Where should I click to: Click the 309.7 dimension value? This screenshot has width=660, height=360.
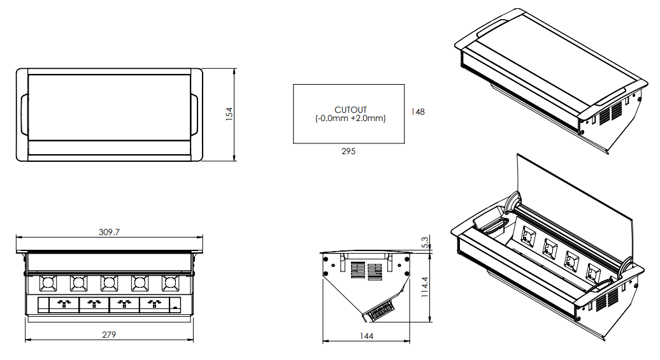pyautogui.click(x=110, y=233)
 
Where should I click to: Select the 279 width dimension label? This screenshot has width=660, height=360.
pyautogui.click(x=109, y=335)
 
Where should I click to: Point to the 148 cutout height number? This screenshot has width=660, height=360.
pyautogui.click(x=417, y=112)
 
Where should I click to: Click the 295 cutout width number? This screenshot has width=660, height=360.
pyautogui.click(x=348, y=152)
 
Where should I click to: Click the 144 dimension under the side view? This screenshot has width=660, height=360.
pyautogui.click(x=366, y=335)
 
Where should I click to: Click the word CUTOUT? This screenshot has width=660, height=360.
pyautogui.click(x=350, y=110)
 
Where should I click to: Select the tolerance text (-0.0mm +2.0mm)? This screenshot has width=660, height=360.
pyautogui.click(x=350, y=119)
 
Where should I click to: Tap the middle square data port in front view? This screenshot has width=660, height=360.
pyautogui.click(x=109, y=282)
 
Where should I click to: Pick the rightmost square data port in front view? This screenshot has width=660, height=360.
pyautogui.click(x=170, y=282)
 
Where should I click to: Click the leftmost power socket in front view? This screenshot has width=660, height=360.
pyautogui.click(x=64, y=305)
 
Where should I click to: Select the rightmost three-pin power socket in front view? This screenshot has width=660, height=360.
pyautogui.click(x=155, y=305)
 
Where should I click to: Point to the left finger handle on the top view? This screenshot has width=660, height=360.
pyautogui.click(x=24, y=114)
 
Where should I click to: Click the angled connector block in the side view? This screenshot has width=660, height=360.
pyautogui.click(x=380, y=310)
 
